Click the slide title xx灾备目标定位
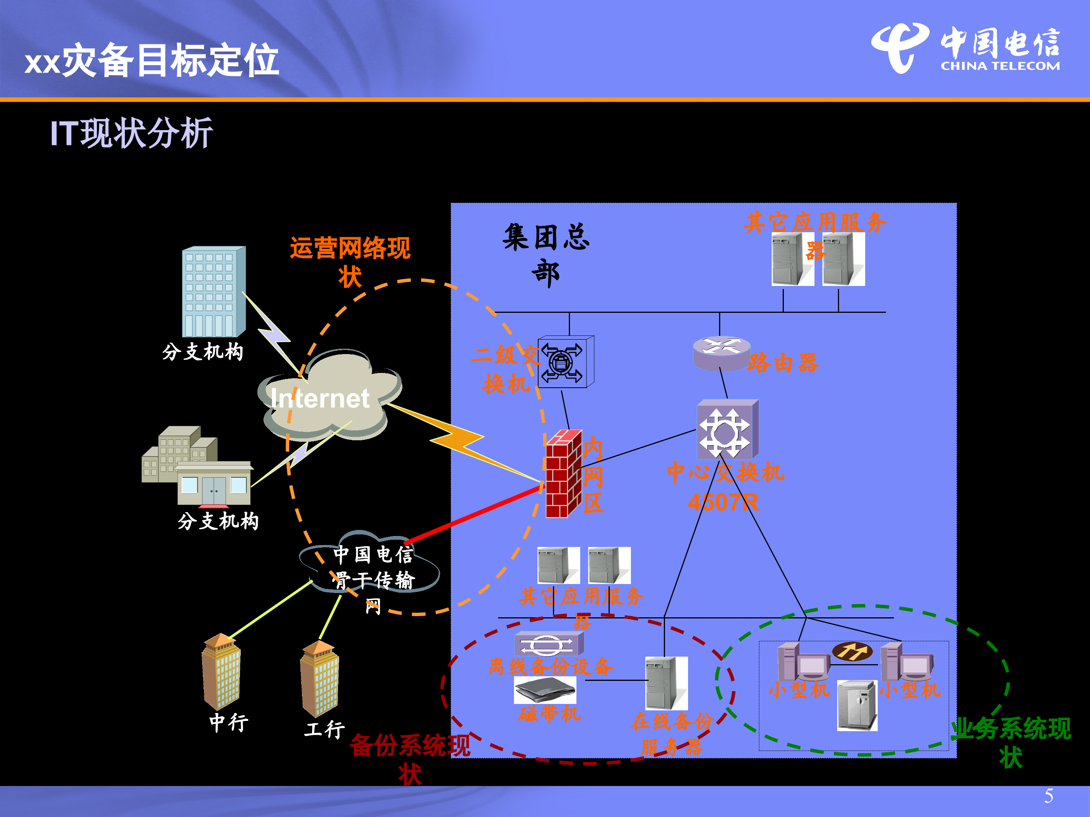[x=152, y=60]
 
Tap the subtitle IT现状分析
[x=132, y=133]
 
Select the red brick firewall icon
[x=563, y=474]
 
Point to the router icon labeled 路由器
[x=721, y=353]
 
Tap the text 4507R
[x=723, y=502]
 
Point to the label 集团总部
[x=546, y=255]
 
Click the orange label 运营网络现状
[x=350, y=261]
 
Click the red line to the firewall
[x=473, y=515]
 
